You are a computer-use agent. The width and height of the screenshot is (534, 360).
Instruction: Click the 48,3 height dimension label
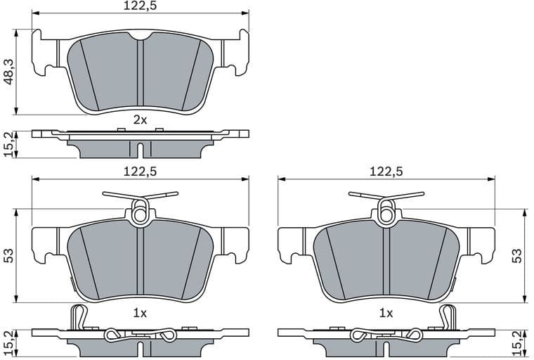(x=8, y=72)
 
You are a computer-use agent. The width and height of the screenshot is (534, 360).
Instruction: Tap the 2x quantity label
(x=141, y=120)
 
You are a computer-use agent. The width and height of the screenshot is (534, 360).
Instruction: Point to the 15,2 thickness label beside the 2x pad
(x=8, y=144)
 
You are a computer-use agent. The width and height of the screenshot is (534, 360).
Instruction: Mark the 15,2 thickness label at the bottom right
(x=519, y=342)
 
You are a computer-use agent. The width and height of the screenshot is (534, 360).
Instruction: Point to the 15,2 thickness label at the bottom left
(x=8, y=342)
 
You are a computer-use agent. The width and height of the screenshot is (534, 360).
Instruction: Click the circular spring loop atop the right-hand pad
(x=386, y=209)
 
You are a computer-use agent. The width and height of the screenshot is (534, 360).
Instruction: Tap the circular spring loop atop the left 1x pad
(x=140, y=209)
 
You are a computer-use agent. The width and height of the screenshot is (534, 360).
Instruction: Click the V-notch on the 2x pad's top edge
(x=140, y=37)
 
